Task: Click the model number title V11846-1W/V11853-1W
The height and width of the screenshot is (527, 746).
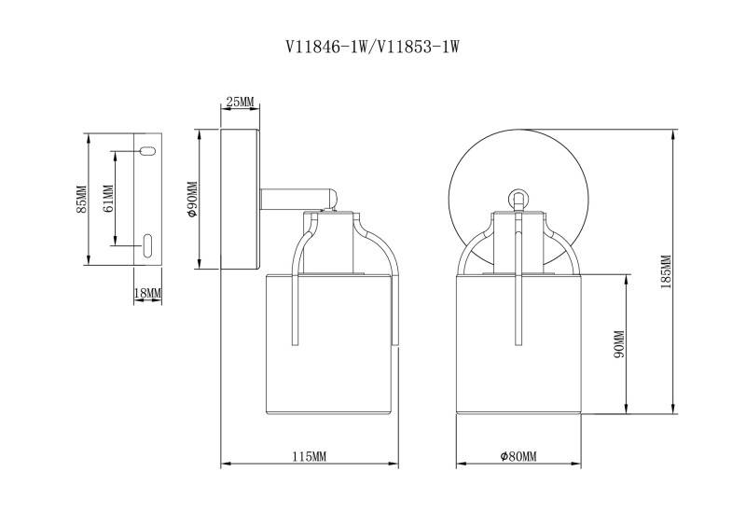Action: [x=373, y=44]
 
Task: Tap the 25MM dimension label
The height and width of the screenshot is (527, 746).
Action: [x=241, y=102]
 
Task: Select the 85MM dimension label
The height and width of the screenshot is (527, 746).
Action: [x=81, y=200]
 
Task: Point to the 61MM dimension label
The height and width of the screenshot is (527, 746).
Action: [x=108, y=200]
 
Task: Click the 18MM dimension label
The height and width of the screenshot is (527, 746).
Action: [x=148, y=293]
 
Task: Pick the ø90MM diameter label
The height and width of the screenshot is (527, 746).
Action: [x=191, y=200]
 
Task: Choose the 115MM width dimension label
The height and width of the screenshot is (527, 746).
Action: [x=309, y=456]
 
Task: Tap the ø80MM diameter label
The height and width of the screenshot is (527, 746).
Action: [x=518, y=456]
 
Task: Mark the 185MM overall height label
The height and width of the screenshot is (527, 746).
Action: [x=665, y=271]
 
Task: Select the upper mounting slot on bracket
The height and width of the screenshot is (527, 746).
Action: [x=146, y=150]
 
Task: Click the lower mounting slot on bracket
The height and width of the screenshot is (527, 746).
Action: [x=147, y=244]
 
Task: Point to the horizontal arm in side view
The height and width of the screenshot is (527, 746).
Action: [x=298, y=199]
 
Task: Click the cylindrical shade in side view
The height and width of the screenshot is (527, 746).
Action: [x=328, y=345]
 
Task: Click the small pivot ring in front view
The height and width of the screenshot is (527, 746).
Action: [x=518, y=198]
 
